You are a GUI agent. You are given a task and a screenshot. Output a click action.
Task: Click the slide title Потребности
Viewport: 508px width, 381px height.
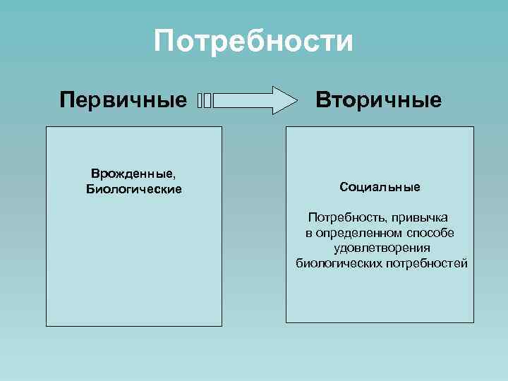(x=253, y=42)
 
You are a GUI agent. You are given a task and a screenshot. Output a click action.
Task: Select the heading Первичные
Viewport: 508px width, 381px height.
(x=123, y=99)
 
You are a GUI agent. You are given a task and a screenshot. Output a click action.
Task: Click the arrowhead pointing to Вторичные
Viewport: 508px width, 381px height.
(x=284, y=100)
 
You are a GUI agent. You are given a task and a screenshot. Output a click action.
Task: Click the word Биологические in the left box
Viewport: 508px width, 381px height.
(x=134, y=189)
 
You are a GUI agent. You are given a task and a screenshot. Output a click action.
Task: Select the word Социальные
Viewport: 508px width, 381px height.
(x=380, y=188)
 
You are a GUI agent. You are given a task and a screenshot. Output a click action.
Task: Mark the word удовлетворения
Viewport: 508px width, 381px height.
(x=382, y=248)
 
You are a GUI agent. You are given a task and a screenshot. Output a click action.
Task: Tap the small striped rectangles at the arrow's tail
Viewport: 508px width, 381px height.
(x=205, y=101)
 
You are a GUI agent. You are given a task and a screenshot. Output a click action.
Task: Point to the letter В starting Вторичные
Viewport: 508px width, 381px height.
(x=322, y=99)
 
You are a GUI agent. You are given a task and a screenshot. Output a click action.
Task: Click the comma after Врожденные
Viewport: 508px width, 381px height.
(x=173, y=176)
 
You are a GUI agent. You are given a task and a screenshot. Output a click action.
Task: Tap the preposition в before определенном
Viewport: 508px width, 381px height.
(x=309, y=234)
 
